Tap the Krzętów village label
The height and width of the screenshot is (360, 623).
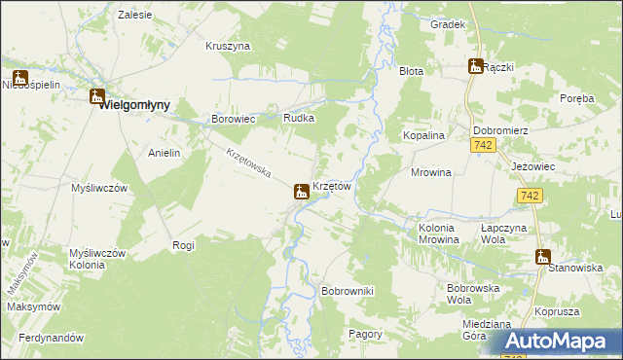pyautogui.click(x=331, y=186)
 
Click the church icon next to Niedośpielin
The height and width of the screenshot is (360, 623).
pyautogui.click(x=20, y=77)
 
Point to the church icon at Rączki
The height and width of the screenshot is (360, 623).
pyautogui.click(x=476, y=66)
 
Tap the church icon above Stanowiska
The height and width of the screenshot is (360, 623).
pyautogui.click(x=542, y=256)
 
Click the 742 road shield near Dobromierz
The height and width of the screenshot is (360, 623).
pyautogui.click(x=484, y=145)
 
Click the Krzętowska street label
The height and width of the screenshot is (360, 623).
pyautogui.click(x=247, y=162)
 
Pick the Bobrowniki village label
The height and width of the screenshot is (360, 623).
pyautogui.click(x=348, y=291)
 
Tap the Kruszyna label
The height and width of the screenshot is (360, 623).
pyautogui.click(x=228, y=46)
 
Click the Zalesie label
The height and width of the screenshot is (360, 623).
pyautogui.click(x=133, y=16)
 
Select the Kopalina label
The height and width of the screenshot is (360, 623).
pyautogui.click(x=424, y=136)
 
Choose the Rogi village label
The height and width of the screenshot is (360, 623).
pyautogui.click(x=183, y=245)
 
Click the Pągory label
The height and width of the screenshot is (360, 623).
pyautogui.click(x=365, y=333)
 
